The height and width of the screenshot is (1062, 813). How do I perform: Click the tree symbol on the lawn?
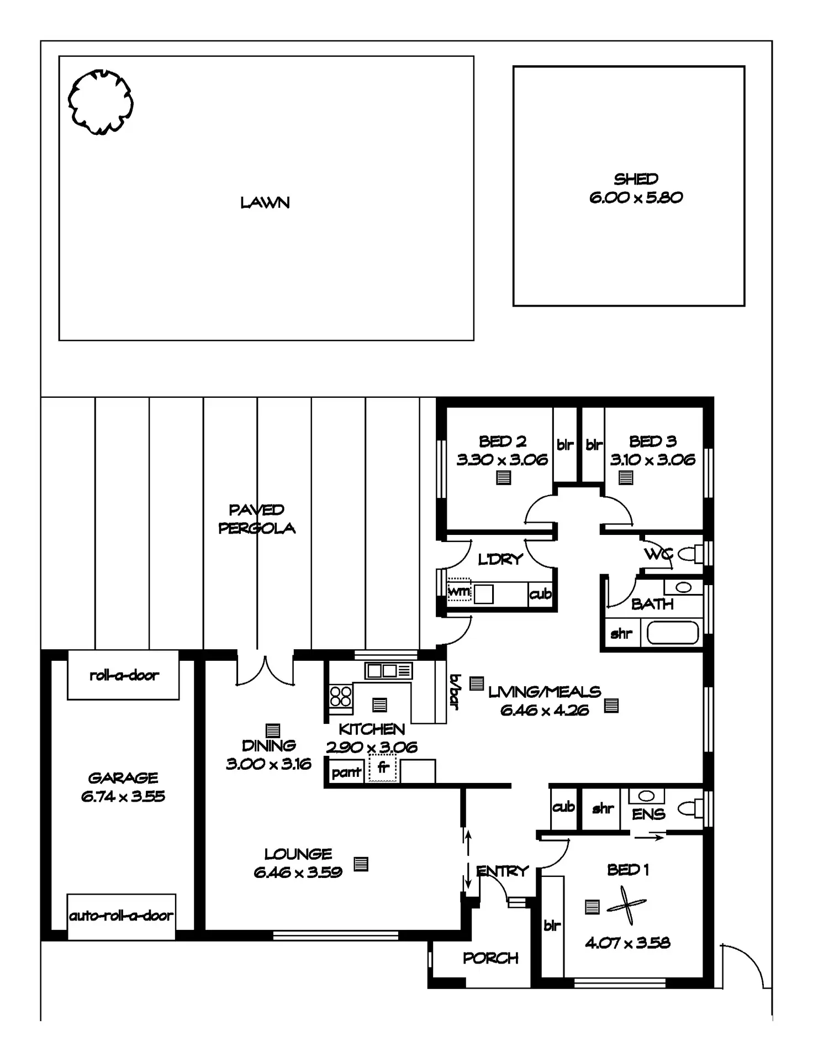coord(101,102)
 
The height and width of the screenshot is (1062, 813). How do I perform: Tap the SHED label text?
coord(636,179)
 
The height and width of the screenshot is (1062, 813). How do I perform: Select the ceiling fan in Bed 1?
coord(627,905)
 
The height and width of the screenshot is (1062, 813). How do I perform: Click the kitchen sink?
coord(388,671)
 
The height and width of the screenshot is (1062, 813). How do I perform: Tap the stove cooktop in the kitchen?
coord(340,696)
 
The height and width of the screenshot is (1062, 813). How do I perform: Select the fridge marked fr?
coord(383,768)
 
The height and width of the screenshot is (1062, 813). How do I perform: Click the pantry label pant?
coord(346,772)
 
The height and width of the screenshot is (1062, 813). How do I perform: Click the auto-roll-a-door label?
coord(121,916)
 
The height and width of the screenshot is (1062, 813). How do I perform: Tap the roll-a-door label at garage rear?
coord(124,675)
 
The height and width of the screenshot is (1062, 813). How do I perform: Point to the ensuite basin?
coord(646,796)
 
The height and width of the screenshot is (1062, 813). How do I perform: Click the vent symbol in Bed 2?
coord(503,477)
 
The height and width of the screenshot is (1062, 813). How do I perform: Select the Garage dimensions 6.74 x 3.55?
coord(123,796)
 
